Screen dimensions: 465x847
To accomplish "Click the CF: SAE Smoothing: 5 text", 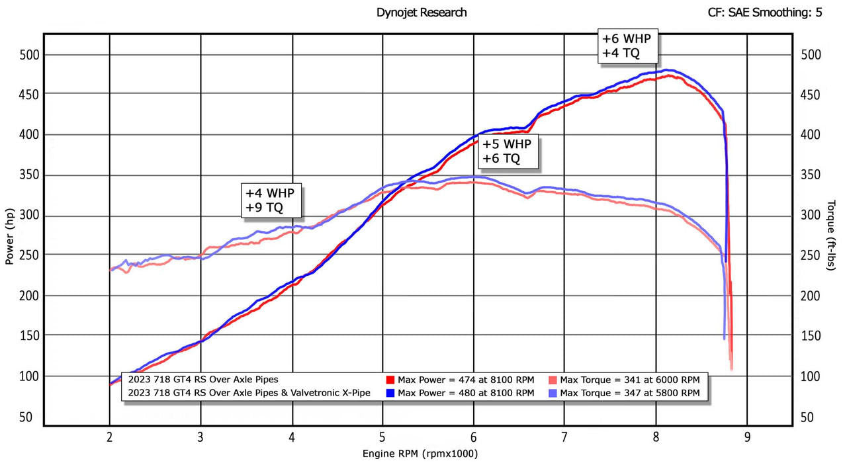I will (764, 13).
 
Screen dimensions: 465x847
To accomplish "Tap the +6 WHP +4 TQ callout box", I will (628, 46).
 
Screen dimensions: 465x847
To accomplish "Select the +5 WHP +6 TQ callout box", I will (508, 151).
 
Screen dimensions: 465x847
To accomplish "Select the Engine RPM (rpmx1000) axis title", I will (420, 454).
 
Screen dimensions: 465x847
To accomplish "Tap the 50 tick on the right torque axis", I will (808, 417).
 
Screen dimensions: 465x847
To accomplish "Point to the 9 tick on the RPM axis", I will (747, 437).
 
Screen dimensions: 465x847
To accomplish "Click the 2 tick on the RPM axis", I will (109, 437).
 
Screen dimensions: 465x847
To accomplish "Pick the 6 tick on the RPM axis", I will (474, 437).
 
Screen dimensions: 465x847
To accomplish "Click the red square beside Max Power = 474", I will (390, 380).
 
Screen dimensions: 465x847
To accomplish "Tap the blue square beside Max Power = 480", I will (390, 393).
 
